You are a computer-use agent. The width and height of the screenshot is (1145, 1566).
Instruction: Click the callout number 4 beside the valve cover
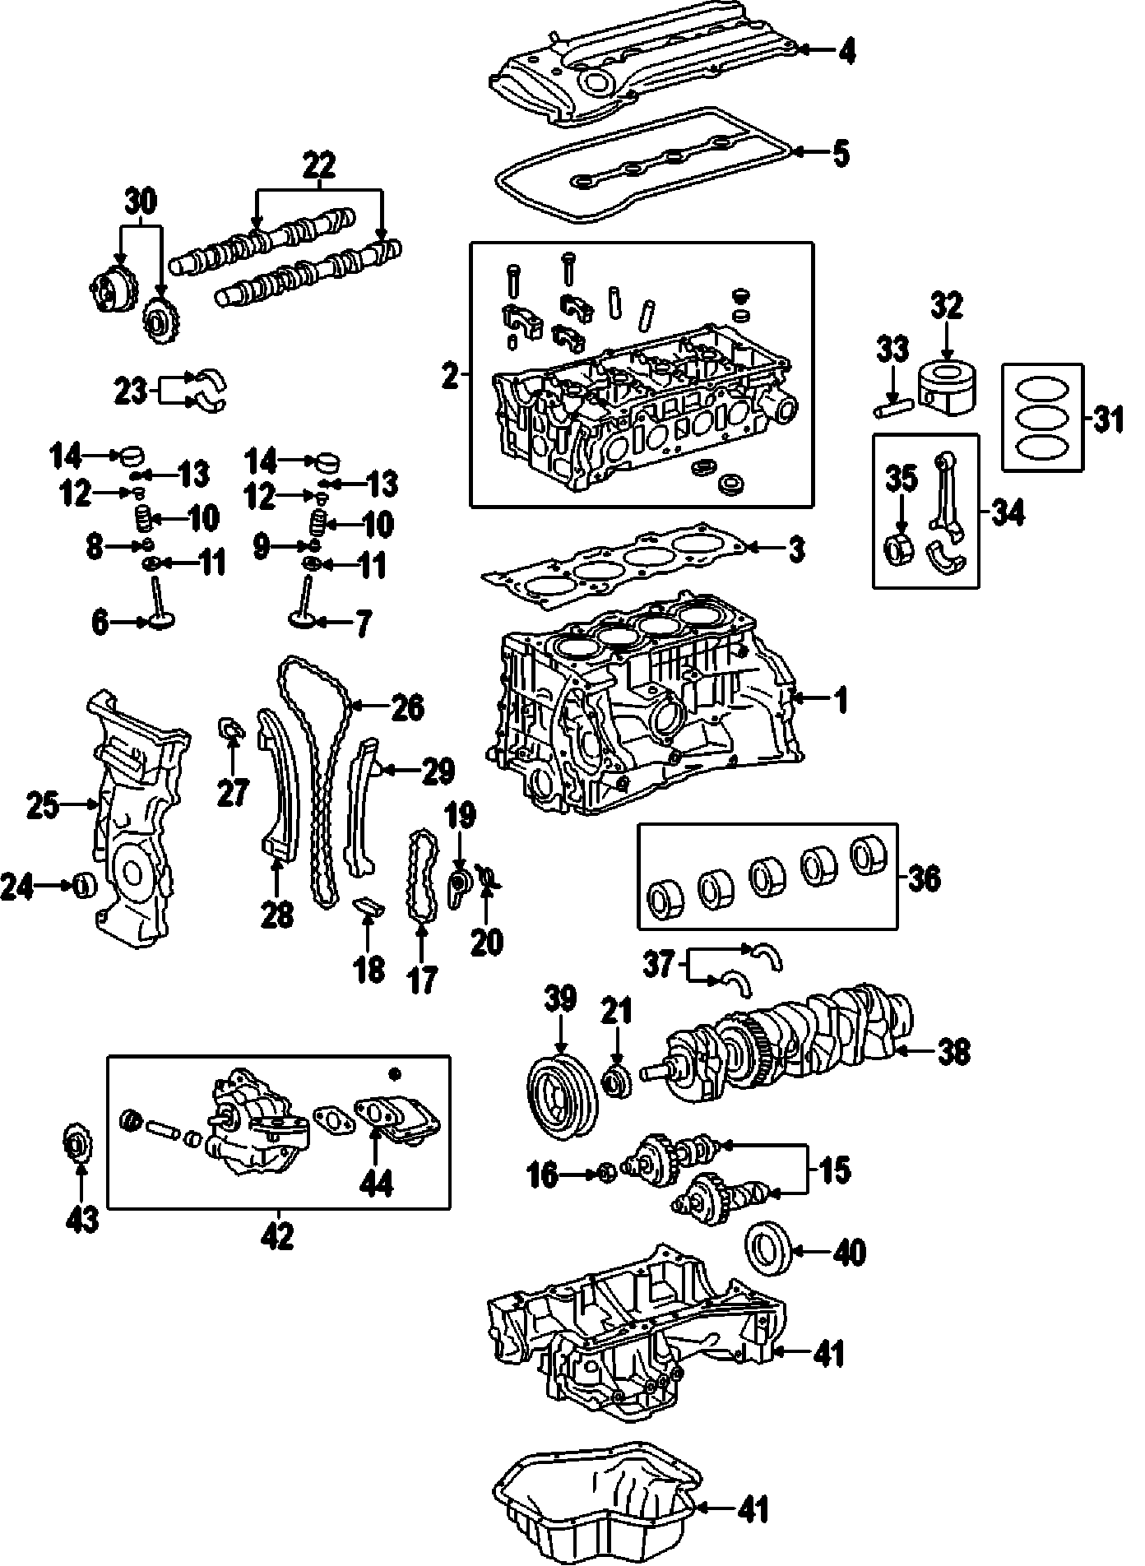tap(846, 51)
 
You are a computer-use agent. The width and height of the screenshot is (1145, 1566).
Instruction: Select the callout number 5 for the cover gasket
tap(840, 153)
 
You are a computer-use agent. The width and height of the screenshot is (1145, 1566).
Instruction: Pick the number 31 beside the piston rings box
tap(1106, 420)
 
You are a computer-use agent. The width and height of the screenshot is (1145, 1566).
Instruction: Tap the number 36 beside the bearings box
tap(924, 878)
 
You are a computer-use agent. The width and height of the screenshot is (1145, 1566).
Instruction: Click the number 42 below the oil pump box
tap(280, 1236)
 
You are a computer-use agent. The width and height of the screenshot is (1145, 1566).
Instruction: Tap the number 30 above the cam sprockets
tap(141, 200)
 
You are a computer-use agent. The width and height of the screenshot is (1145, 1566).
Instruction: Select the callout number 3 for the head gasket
tap(796, 549)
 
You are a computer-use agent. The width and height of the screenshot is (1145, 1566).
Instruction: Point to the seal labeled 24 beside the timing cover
tap(84, 886)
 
